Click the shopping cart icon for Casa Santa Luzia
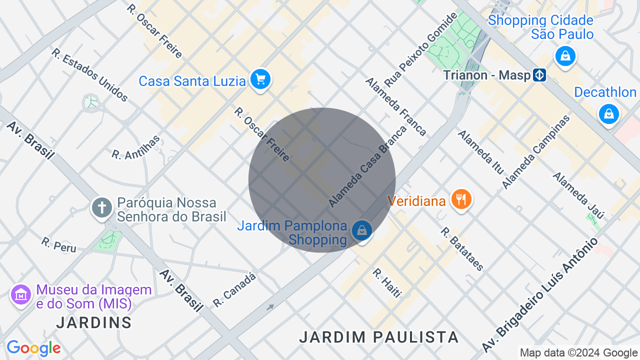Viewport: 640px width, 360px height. [x=260, y=79]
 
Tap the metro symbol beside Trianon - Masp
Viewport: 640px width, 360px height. [x=539, y=75]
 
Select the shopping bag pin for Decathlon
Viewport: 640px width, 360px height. [x=608, y=114]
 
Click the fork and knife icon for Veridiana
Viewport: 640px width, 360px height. [x=460, y=199]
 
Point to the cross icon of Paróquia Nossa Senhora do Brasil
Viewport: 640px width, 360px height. [x=101, y=207]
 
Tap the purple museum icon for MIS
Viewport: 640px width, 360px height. [x=21, y=295]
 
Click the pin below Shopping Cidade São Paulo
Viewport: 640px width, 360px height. [x=565, y=55]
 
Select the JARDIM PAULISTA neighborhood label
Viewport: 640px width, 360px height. [x=379, y=337]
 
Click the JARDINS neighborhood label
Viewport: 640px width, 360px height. [x=94, y=322]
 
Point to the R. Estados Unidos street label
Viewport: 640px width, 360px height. [x=90, y=75]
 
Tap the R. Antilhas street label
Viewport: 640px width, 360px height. [x=136, y=147]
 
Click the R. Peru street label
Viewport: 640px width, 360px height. [x=59, y=245]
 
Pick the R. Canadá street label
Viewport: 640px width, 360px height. [x=234, y=289]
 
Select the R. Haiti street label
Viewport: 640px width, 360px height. [x=387, y=283]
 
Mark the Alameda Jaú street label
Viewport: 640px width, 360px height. [x=578, y=195]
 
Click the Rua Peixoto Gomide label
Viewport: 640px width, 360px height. [x=420, y=50]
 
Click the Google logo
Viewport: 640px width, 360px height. [x=33, y=348]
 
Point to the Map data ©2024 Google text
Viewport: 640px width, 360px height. [x=578, y=353]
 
